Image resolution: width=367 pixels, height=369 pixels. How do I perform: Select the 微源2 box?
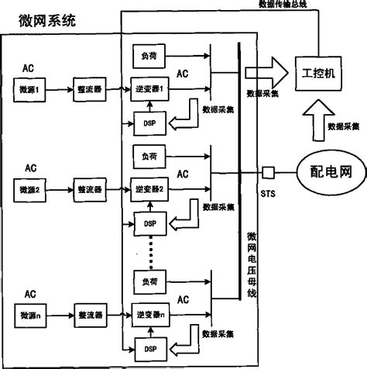coord(32,188)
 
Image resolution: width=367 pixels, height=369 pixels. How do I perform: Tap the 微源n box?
coord(32,316)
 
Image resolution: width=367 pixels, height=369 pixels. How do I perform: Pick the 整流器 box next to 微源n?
coord(91,316)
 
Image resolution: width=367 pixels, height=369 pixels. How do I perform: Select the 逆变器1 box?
coord(150,88)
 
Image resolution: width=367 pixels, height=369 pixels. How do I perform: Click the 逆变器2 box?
coord(150,188)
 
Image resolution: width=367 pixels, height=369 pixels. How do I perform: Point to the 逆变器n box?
coord(150,316)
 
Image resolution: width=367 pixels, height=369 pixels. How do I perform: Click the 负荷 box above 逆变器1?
coord(150,56)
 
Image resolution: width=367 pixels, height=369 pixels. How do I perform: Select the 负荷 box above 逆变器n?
coord(150,278)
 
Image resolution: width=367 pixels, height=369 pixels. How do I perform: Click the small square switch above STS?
coord(269,171)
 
